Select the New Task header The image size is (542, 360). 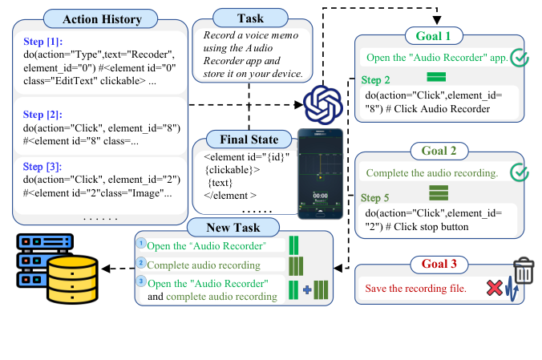233,229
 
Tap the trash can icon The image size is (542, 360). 523,271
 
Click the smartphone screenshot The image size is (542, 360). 321,173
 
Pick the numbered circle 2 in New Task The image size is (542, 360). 141,263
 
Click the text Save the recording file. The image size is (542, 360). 415,289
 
